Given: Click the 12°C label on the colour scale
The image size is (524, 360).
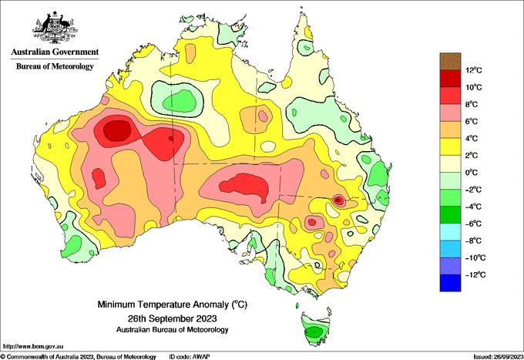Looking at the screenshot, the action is [474, 70].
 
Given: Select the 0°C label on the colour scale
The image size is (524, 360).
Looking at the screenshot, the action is [472, 173].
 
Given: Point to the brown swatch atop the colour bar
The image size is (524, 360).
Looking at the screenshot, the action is [450, 61].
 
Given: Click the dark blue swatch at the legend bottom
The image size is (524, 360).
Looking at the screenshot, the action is [450, 283].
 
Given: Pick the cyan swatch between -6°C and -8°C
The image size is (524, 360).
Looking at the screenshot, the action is [450, 232].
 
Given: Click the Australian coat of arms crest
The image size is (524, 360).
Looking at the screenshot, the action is [55, 28].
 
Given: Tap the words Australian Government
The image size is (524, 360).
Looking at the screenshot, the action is [55, 52].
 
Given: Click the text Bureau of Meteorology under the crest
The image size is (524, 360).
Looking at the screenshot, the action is [55, 66].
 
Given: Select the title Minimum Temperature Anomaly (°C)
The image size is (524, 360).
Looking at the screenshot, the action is [172, 304].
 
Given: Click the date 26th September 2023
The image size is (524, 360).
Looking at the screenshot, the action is [172, 318].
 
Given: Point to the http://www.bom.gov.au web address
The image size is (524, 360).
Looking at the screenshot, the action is [33, 346].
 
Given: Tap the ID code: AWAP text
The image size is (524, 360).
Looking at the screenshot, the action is [190, 357].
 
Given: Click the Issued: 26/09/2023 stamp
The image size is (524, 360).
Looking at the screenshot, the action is [499, 357].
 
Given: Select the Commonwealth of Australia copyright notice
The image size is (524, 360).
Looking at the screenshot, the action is [78, 357].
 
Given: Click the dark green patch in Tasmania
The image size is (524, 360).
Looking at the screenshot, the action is [314, 332].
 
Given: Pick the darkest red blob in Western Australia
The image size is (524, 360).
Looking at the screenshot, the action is [117, 131].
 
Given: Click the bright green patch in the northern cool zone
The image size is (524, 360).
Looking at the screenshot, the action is [180, 101].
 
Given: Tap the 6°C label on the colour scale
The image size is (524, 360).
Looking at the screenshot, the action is [472, 121].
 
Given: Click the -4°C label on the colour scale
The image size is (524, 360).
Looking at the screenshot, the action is [473, 207].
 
